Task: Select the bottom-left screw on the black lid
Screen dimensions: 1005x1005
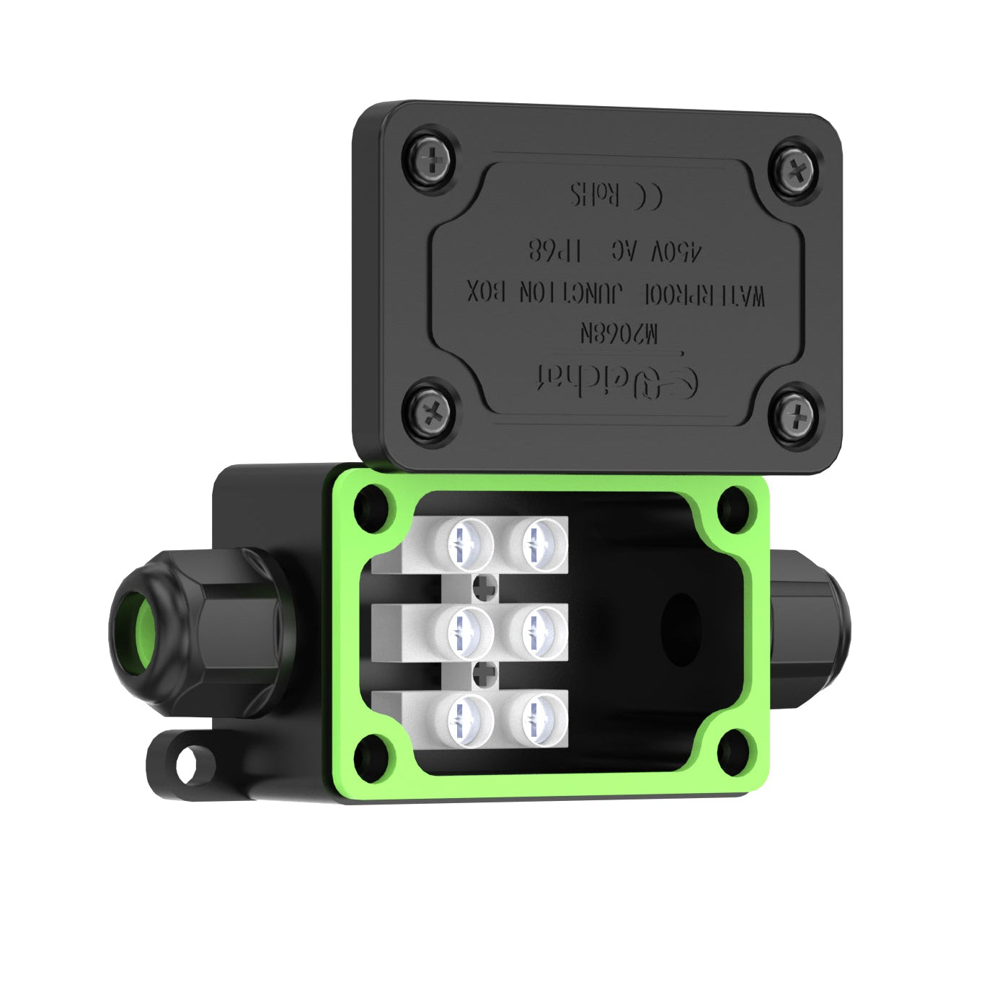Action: (431, 411)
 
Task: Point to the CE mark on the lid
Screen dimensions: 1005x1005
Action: (646, 195)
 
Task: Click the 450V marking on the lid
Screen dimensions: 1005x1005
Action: (673, 253)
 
